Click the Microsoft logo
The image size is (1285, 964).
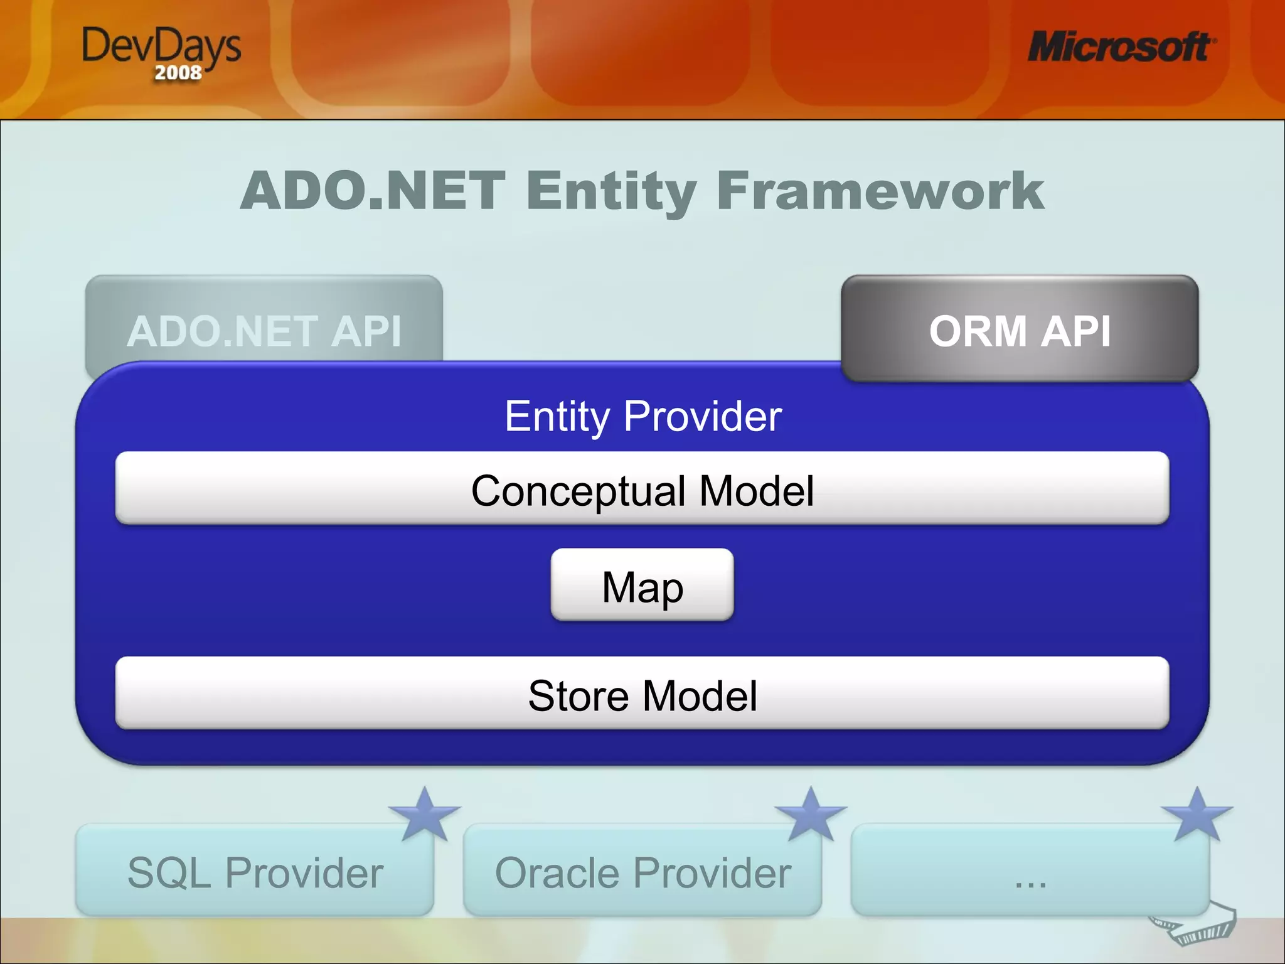pos(1121,47)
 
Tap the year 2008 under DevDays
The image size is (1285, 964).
pos(178,73)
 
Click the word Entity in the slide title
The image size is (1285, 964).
pos(611,191)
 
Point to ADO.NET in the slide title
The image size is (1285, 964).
pos(373,191)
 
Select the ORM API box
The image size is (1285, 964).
pos(1020,330)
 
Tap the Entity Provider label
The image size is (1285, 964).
pos(643,416)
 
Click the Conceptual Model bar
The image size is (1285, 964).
pos(642,490)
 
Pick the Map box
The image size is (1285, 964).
pos(642,586)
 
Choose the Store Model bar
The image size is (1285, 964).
pos(642,694)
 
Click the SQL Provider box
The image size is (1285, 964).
pos(255,872)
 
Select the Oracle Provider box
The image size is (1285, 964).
pos(642,872)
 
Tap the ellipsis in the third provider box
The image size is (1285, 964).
pos(1030,881)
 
